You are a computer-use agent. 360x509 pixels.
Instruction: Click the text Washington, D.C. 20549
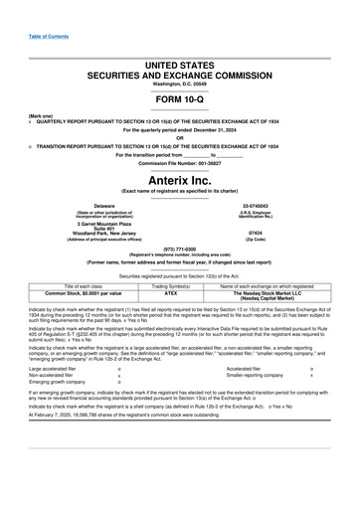click(x=179, y=84)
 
